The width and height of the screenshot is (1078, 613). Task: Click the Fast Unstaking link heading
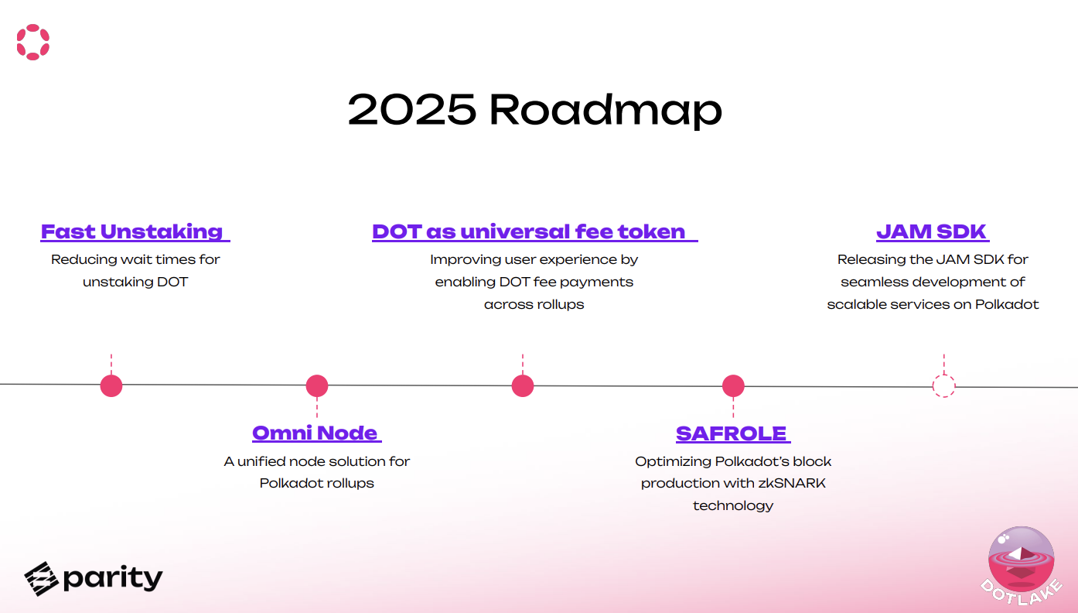[132, 231]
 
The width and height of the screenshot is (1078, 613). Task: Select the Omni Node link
[315, 433]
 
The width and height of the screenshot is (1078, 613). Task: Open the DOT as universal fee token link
[529, 231]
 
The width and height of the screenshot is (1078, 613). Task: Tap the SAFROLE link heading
[731, 433]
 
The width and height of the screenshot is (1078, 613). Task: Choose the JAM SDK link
[931, 231]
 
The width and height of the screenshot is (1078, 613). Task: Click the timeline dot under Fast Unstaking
[111, 385]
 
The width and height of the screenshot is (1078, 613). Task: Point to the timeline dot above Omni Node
[317, 385]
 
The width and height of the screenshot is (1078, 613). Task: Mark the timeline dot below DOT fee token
[523, 385]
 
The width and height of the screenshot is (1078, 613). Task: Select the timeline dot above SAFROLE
[733, 385]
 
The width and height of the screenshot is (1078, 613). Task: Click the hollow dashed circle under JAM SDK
[943, 385]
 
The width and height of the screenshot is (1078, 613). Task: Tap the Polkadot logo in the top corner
[33, 42]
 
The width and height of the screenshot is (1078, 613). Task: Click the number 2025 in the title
[411, 110]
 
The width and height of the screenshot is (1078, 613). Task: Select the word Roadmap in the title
[606, 110]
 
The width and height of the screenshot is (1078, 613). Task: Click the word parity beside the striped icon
[113, 578]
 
